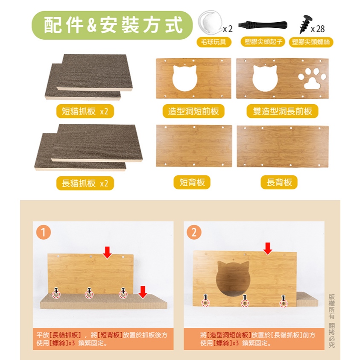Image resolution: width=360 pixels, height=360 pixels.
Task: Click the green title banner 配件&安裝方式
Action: point(112,25)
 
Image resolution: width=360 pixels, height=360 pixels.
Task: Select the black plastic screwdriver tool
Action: point(263,24)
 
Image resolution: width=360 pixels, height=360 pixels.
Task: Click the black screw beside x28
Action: point(306,24)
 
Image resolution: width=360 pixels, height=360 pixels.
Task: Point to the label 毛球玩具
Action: point(214,42)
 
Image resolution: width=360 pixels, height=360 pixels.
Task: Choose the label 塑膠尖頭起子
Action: point(263,41)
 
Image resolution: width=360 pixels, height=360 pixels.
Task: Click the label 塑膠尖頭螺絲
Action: point(311,42)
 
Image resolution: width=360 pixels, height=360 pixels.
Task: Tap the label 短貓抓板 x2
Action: point(85,111)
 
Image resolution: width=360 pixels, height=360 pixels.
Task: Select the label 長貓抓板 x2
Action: point(85,183)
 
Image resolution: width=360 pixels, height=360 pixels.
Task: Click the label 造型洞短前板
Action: point(193,111)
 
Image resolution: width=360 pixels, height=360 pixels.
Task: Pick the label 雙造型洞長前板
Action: point(282,111)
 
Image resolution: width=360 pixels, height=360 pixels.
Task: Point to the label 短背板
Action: point(192,182)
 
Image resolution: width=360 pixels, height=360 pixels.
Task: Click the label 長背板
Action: point(279,182)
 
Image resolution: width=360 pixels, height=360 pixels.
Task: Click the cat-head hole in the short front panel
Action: point(185,78)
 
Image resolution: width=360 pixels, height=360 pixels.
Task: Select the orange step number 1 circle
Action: point(44,232)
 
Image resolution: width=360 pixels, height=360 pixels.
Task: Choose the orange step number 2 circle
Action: point(194,232)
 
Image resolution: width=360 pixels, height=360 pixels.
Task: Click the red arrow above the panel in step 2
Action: point(268,249)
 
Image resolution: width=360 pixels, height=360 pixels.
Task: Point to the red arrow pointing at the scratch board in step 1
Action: point(143,292)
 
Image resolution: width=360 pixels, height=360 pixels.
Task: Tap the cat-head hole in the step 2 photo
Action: point(233,278)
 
